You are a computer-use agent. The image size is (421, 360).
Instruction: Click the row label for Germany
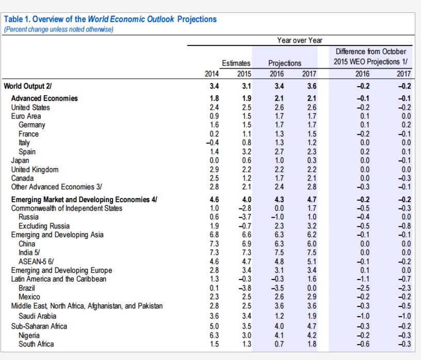click(x=31, y=125)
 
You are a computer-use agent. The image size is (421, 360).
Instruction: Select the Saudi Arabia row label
click(x=37, y=316)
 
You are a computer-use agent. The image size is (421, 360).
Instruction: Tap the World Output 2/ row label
click(x=28, y=86)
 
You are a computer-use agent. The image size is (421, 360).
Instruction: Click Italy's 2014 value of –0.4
click(x=213, y=142)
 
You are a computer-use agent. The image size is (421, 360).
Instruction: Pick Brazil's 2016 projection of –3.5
click(x=278, y=288)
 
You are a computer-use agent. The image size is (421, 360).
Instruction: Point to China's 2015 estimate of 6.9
click(x=247, y=244)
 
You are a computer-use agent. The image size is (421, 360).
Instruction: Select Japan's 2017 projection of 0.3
click(x=312, y=160)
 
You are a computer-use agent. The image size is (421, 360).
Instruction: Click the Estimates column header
click(x=236, y=63)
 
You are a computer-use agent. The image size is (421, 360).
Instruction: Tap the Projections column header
click(x=285, y=63)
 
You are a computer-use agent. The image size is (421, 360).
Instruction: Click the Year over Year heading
click(x=300, y=40)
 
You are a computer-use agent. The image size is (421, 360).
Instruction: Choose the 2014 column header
click(x=212, y=74)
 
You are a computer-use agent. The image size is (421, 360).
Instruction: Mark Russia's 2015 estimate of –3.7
click(x=245, y=217)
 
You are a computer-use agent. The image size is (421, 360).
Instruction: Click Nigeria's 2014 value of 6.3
click(x=214, y=335)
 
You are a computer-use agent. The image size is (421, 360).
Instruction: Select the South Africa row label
click(x=36, y=344)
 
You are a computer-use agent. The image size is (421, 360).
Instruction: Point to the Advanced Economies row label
click(x=44, y=99)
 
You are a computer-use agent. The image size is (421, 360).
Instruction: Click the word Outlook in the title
click(x=160, y=19)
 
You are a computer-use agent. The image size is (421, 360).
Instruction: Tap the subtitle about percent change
click(x=58, y=29)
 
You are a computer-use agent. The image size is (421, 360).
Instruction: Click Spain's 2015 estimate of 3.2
click(x=247, y=152)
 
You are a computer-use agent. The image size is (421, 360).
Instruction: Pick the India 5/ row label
click(x=29, y=253)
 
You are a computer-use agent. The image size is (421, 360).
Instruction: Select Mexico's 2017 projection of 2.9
click(x=312, y=297)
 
